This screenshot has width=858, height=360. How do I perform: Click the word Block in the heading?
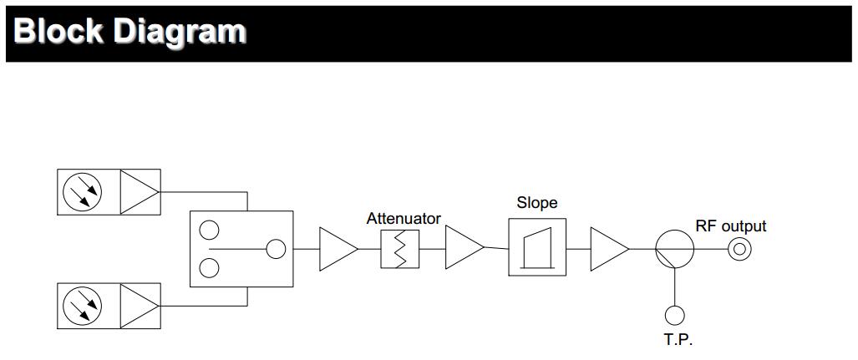pos(57,31)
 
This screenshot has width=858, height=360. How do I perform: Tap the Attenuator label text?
pos(404,219)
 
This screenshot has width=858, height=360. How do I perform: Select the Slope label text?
pos(536,203)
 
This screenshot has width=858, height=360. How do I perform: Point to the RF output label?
pos(730,226)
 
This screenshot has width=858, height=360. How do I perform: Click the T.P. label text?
pos(678,340)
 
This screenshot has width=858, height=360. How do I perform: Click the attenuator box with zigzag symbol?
pos(399,249)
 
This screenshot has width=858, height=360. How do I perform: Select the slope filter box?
pos(536,247)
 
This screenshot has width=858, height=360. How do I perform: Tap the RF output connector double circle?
pos(739,249)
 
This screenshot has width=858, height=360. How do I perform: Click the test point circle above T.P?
pos(674,315)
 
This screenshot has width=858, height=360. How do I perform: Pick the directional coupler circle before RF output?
pos(673,249)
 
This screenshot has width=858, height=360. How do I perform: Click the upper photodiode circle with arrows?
pos(82,191)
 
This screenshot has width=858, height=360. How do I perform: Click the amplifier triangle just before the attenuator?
pos(336,249)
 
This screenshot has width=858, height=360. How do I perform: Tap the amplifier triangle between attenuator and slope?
pos(462,249)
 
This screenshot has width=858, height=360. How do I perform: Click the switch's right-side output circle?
pos(274,249)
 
